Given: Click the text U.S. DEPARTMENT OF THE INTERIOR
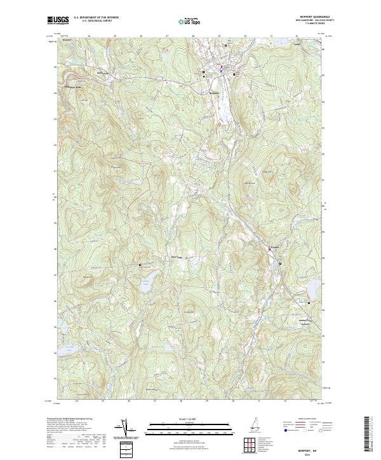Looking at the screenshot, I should tap(96, 18).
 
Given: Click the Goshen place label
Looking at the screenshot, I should tap(276, 246).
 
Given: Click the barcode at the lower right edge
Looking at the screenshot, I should tap(369, 434).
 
